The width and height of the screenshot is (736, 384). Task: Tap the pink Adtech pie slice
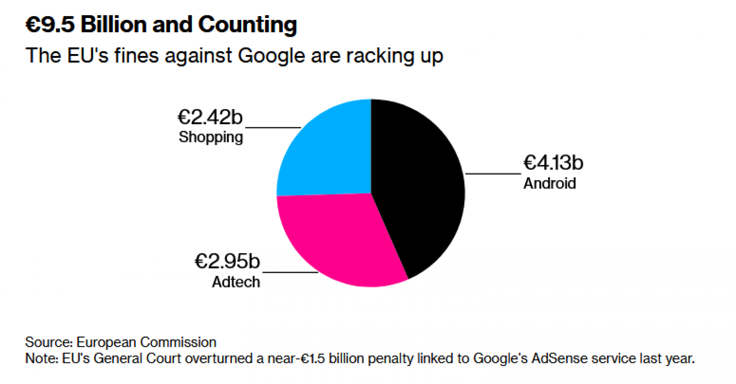339,239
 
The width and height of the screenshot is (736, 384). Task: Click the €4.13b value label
553,163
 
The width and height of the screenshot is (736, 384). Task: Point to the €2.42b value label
210,117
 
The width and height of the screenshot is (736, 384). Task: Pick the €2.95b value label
227,261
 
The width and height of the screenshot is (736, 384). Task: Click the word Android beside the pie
549,183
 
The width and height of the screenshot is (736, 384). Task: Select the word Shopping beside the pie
211,137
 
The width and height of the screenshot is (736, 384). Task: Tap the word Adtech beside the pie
236,282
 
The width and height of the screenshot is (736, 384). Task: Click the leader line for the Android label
493,173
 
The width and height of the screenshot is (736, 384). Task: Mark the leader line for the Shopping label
273,128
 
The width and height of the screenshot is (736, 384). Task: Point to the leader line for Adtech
290,272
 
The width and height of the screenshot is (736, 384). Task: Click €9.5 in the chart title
50,25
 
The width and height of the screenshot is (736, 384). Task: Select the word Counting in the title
247,25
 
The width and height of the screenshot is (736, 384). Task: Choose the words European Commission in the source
146,342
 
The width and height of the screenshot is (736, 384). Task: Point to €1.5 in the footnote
313,358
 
